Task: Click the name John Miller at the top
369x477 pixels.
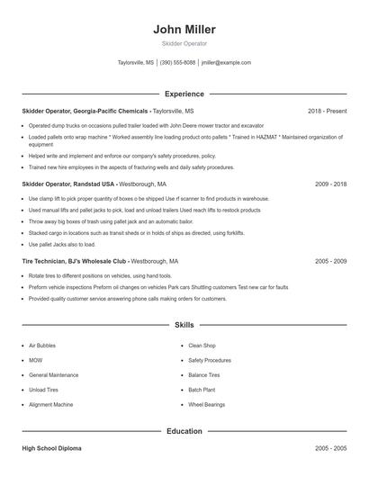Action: [x=184, y=30]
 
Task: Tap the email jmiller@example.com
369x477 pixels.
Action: [x=226, y=63]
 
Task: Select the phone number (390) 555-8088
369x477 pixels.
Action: [x=177, y=63]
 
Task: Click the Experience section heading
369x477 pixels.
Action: [x=184, y=94]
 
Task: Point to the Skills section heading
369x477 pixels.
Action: [x=184, y=324]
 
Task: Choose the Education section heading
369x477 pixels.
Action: [x=184, y=431]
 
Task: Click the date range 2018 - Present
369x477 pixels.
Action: [x=327, y=111]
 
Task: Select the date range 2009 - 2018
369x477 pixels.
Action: [x=330, y=183]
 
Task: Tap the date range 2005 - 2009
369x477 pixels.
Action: [x=330, y=261]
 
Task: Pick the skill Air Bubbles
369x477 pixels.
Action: [x=42, y=345]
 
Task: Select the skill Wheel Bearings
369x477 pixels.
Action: [x=206, y=405]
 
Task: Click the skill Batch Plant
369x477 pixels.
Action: [x=202, y=390]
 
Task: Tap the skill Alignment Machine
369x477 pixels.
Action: [x=51, y=405]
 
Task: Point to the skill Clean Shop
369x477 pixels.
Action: [x=202, y=345]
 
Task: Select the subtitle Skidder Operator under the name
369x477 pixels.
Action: [x=184, y=44]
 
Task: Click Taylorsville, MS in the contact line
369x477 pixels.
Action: [x=136, y=63]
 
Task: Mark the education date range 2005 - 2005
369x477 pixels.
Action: [x=330, y=447]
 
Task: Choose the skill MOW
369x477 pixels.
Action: [x=36, y=360]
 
